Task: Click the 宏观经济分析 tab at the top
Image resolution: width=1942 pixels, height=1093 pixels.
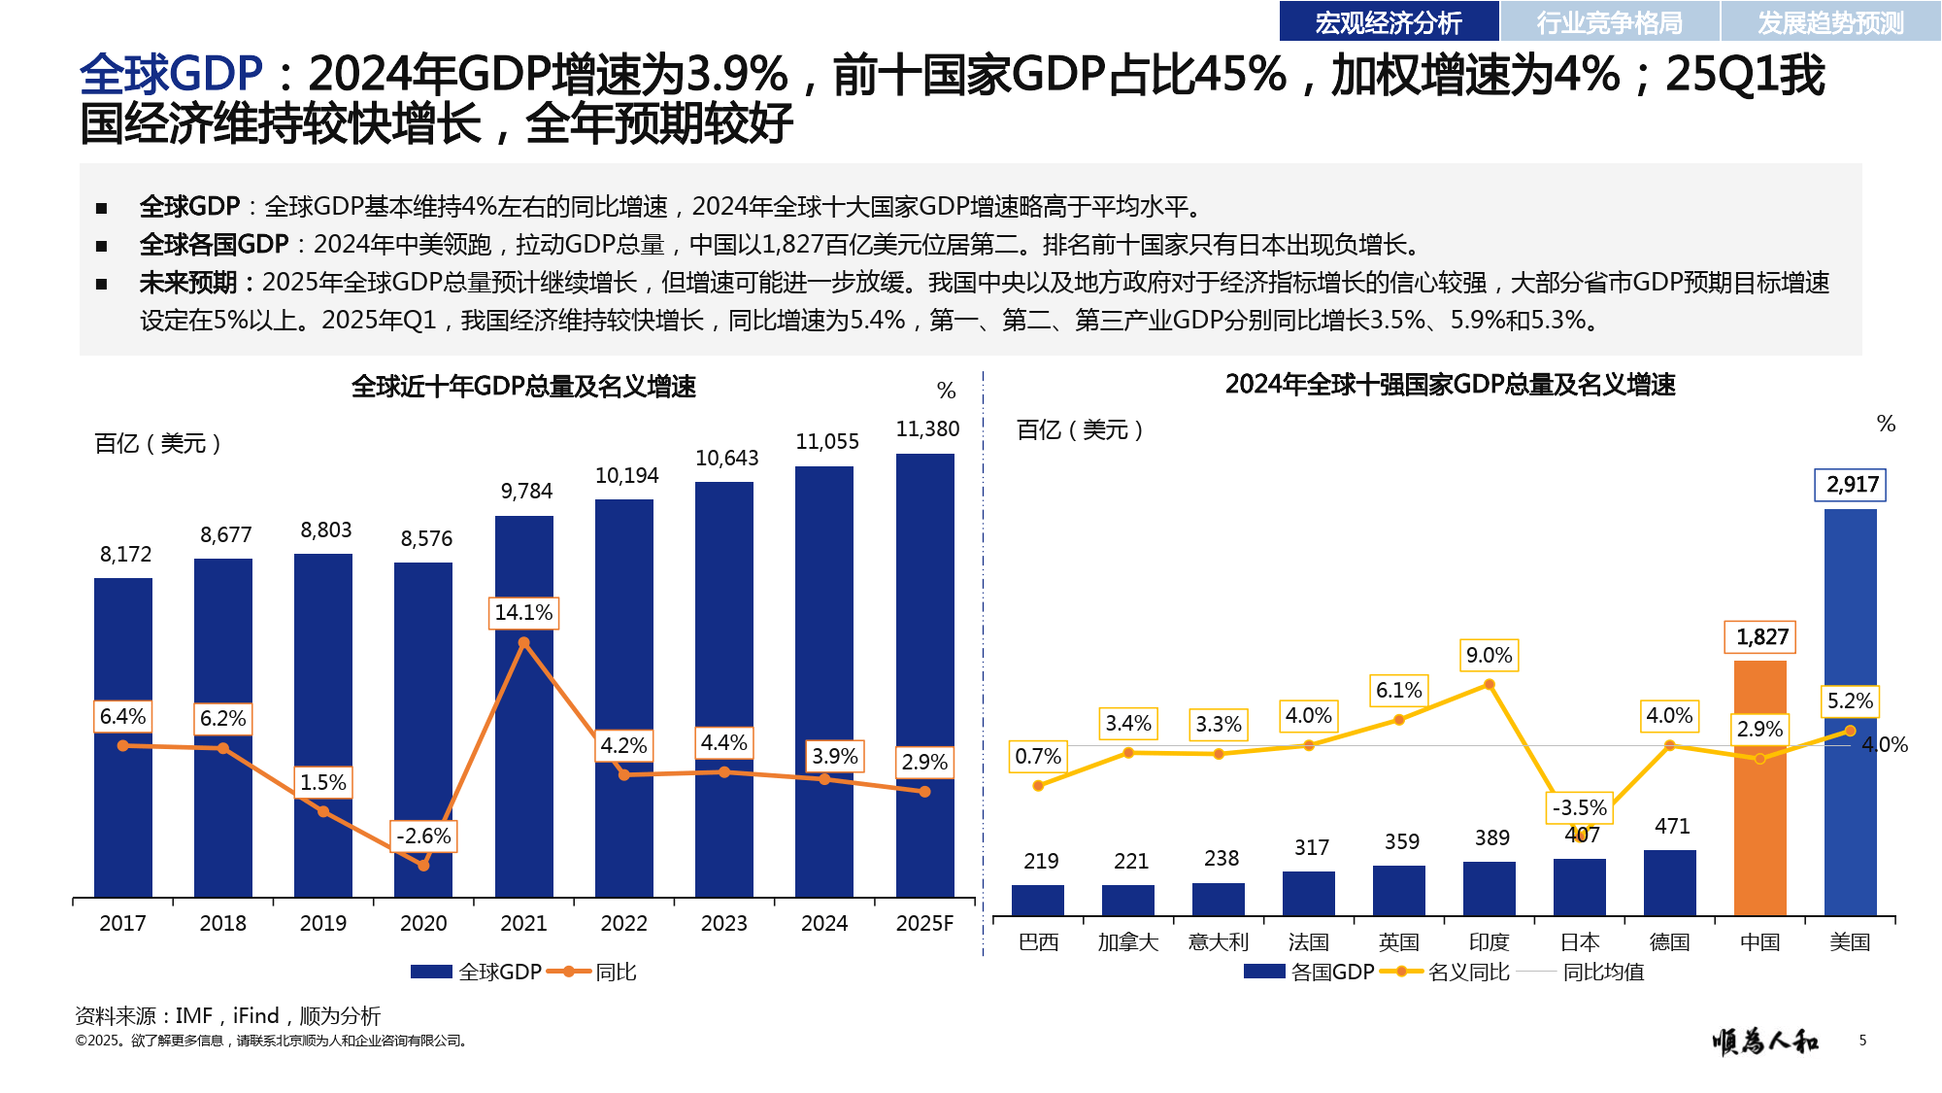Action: coord(1389,21)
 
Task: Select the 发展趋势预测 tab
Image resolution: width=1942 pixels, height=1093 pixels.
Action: coord(1830,21)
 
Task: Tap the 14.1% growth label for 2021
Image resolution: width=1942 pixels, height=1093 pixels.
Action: coord(523,613)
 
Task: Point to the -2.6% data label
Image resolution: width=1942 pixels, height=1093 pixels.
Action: coord(424,836)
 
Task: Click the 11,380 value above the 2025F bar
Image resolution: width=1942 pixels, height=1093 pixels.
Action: coord(927,429)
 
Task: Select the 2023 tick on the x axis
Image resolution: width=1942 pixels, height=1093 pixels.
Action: coord(724,923)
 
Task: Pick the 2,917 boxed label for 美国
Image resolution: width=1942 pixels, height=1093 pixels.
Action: coord(1852,485)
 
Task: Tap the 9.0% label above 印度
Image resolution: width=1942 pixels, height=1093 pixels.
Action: coord(1489,656)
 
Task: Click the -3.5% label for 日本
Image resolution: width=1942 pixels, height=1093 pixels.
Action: coord(1579,807)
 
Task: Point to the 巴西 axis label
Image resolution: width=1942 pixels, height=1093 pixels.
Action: coord(1038,942)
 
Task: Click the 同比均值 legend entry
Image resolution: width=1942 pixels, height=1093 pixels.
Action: coord(1602,972)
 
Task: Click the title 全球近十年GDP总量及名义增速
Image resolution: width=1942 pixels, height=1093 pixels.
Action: coord(523,387)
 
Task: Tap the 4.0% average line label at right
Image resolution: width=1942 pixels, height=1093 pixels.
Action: coord(1885,745)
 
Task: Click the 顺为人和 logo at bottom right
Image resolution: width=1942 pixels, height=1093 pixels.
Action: coord(1765,1042)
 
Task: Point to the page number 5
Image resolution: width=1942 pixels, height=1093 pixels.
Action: coord(1862,1041)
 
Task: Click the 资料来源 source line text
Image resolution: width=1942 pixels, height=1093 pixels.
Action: coord(228,1016)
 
